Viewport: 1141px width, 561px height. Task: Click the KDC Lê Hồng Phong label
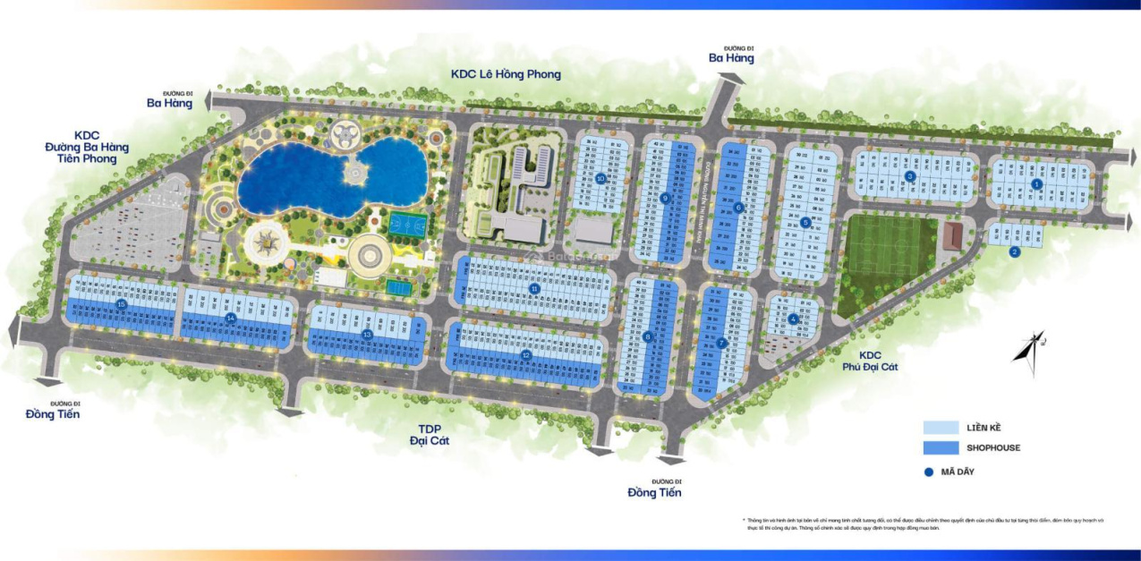pos(506,74)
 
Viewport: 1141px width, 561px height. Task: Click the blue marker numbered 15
pos(123,304)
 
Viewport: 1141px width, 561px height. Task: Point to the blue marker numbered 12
pos(526,354)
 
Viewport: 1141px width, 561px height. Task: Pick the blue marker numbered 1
pos(1036,184)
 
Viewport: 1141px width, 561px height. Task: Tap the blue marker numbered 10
pos(600,178)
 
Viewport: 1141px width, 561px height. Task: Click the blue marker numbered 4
pos(793,319)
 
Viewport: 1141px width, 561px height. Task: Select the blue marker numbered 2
pos(1014,251)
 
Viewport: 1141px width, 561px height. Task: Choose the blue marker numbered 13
pos(367,334)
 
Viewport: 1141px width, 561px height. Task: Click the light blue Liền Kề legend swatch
pos(941,428)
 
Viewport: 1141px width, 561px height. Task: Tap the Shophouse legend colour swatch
pos(941,447)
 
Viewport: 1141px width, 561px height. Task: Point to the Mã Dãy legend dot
pos(929,472)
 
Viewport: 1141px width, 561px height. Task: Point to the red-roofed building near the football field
pos(954,236)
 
